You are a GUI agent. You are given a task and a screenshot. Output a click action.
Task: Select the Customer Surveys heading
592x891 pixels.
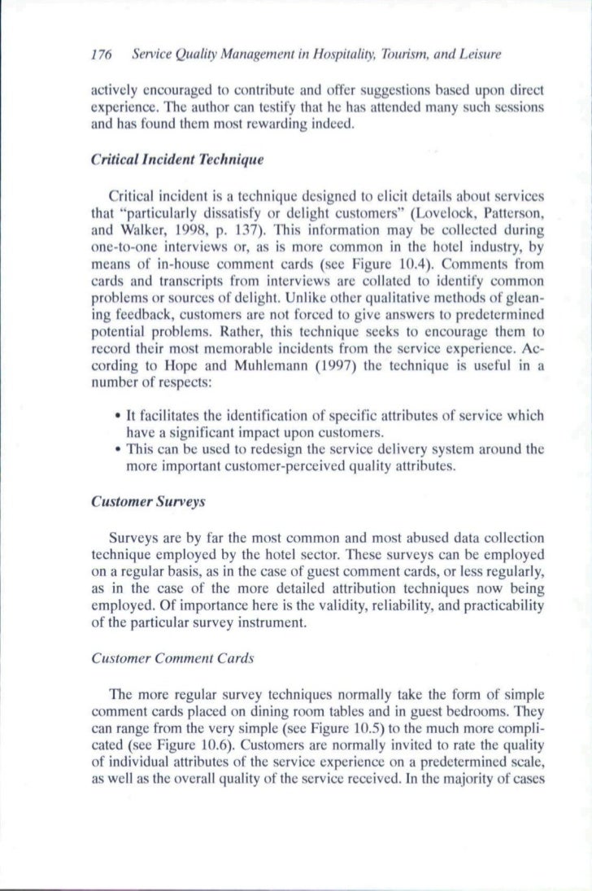pyautogui.click(x=137, y=502)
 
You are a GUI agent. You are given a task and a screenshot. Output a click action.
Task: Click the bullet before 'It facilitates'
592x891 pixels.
pyautogui.click(x=120, y=415)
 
